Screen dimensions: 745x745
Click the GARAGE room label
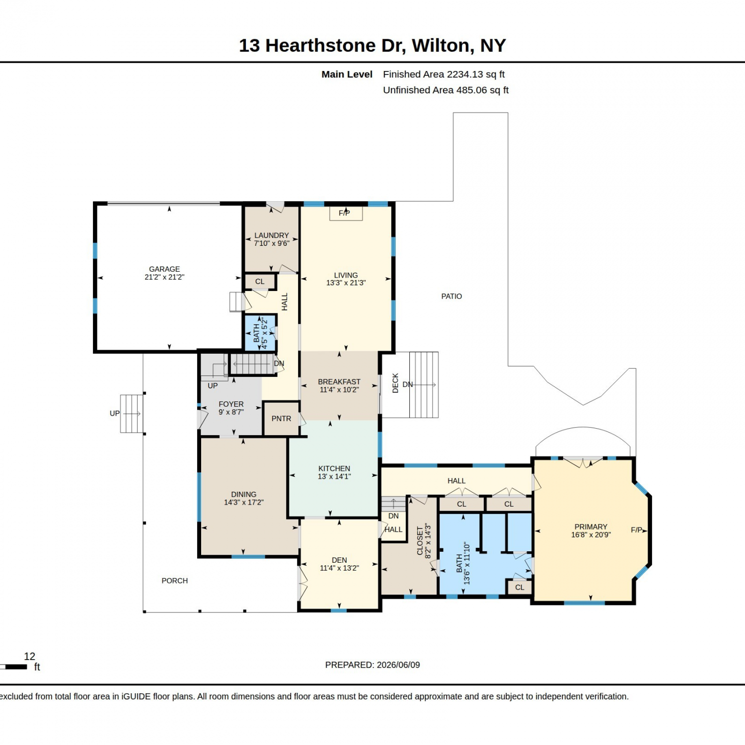164,269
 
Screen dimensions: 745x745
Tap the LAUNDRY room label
272,235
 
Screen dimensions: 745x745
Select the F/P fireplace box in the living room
346,213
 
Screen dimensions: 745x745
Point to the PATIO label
451,297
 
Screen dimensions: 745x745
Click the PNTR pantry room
281,419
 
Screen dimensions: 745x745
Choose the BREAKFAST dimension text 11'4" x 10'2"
339,390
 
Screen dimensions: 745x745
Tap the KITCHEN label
334,468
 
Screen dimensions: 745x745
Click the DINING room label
244,494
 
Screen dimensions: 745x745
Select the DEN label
340,560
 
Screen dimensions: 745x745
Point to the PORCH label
175,581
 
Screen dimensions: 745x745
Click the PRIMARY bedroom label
591,527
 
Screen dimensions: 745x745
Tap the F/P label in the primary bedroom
637,530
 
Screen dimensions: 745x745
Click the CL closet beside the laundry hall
260,282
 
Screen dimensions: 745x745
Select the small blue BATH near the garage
260,333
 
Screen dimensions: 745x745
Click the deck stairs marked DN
424,385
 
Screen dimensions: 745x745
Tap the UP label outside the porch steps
115,413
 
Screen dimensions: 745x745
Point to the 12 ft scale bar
13,667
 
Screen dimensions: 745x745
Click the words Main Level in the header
347,74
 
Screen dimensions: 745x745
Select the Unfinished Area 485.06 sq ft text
446,90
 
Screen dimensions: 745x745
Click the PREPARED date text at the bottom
372,665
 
